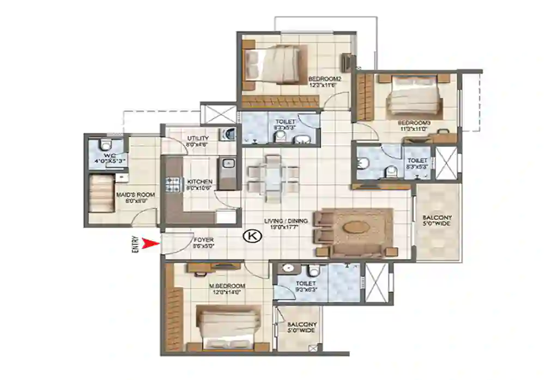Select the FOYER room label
[x=203, y=240]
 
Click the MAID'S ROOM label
[x=135, y=194]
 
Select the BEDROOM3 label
[x=414, y=123]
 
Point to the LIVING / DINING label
[x=286, y=221]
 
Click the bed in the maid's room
[x=101, y=193]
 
